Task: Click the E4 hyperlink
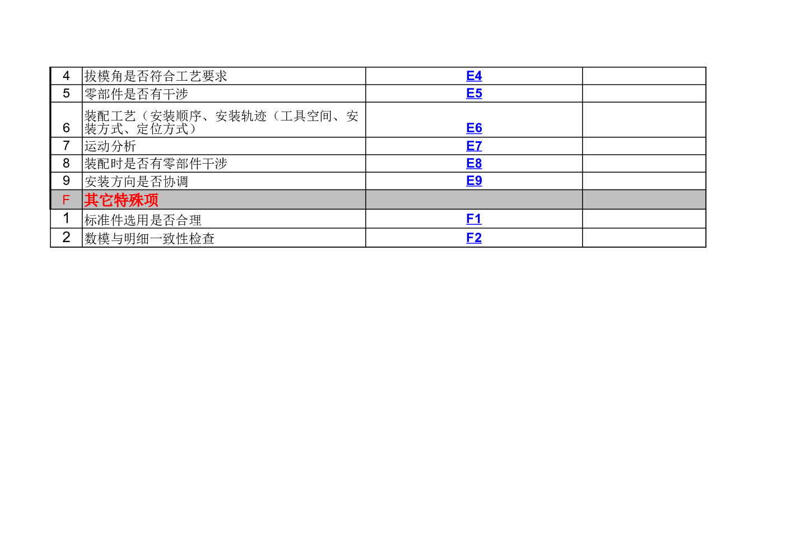[474, 76]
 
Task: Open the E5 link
[474, 94]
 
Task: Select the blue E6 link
[474, 128]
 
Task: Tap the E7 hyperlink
[474, 146]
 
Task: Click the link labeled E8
[474, 163]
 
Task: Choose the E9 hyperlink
[474, 181]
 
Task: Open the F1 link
[474, 219]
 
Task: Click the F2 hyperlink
[474, 238]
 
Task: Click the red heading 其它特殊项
[121, 200]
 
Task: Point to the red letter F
[66, 200]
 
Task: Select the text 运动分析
[110, 146]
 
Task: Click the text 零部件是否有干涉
[136, 94]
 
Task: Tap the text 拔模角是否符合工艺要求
[156, 76]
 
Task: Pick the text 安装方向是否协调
[136, 182]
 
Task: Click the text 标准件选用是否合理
[143, 220]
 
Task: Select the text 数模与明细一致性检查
[149, 239]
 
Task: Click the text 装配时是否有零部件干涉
[156, 164]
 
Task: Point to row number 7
[66, 146]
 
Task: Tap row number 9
[66, 181]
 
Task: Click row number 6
[66, 128]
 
